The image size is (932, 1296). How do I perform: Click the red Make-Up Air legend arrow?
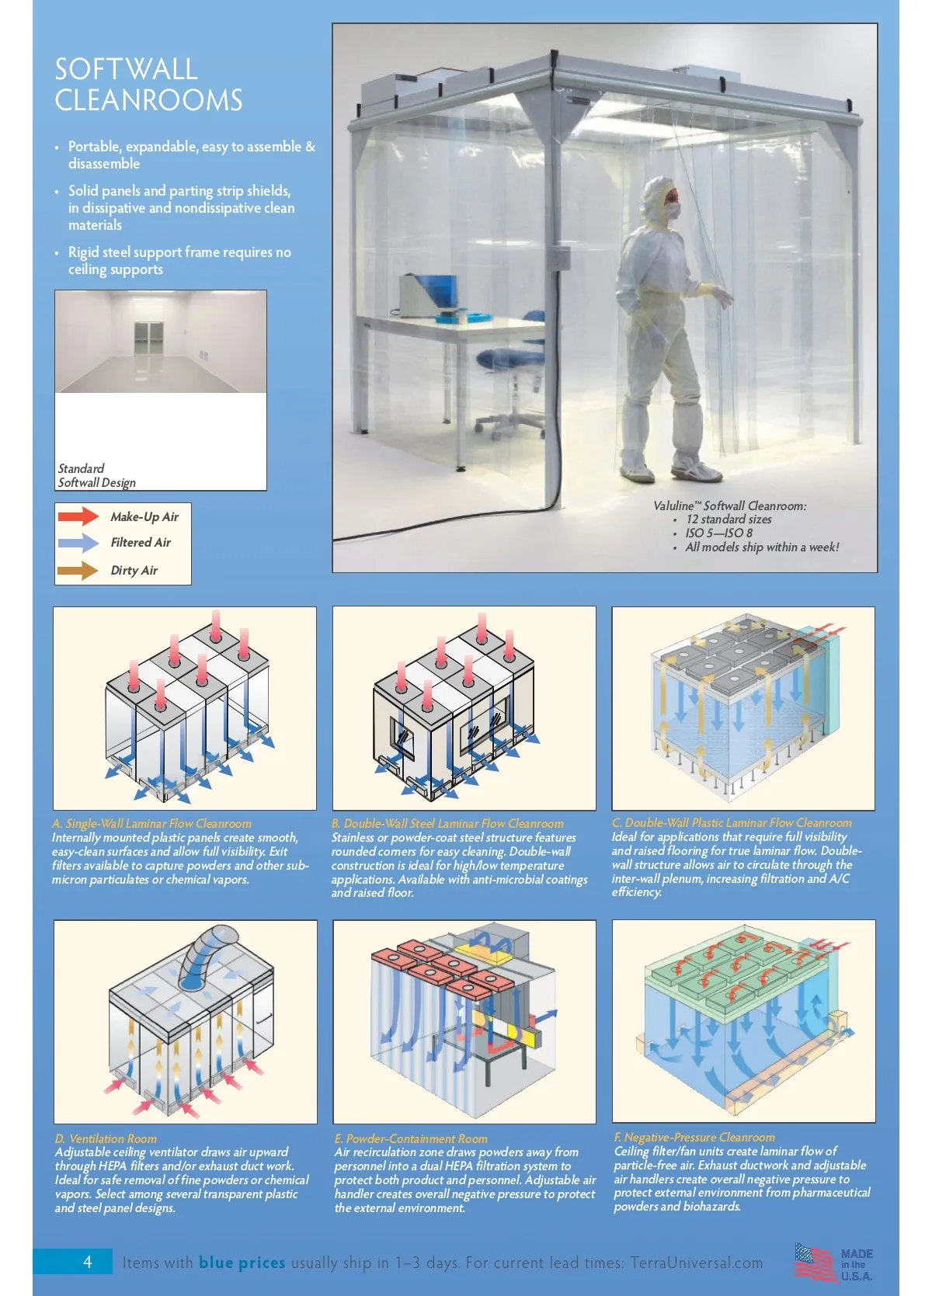[x=78, y=516]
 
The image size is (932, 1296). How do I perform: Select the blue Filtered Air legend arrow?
[x=78, y=543]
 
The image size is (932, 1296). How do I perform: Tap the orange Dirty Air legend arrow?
[x=78, y=571]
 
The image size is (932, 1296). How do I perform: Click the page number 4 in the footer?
[x=87, y=1262]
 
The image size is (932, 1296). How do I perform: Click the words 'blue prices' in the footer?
[x=242, y=1263]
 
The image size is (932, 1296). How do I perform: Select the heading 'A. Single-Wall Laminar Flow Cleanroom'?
[x=151, y=823]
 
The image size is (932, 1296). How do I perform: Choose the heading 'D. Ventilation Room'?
[x=106, y=1138]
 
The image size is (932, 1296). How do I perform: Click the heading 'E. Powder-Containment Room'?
[x=411, y=1138]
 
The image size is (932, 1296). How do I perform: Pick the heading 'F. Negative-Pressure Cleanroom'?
[x=694, y=1138]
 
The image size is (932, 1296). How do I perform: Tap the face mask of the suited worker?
[x=673, y=210]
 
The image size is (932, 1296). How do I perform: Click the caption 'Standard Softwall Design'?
[x=96, y=475]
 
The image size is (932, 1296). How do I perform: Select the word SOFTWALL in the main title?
[x=126, y=69]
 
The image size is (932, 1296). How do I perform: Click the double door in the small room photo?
[x=148, y=339]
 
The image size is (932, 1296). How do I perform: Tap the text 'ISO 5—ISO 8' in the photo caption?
[x=718, y=533]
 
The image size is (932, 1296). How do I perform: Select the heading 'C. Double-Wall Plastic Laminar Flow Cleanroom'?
[x=732, y=823]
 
